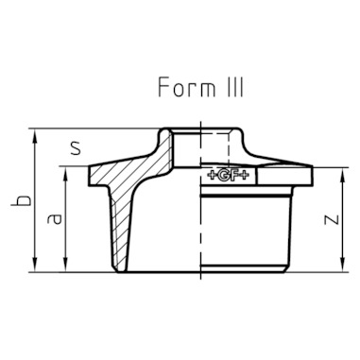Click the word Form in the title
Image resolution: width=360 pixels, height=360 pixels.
click(186, 87)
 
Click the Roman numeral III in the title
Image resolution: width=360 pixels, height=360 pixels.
click(234, 87)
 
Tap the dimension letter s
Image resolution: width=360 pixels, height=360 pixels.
click(76, 148)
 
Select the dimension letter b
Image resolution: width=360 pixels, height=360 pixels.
click(22, 200)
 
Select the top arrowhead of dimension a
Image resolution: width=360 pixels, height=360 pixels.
click(65, 174)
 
